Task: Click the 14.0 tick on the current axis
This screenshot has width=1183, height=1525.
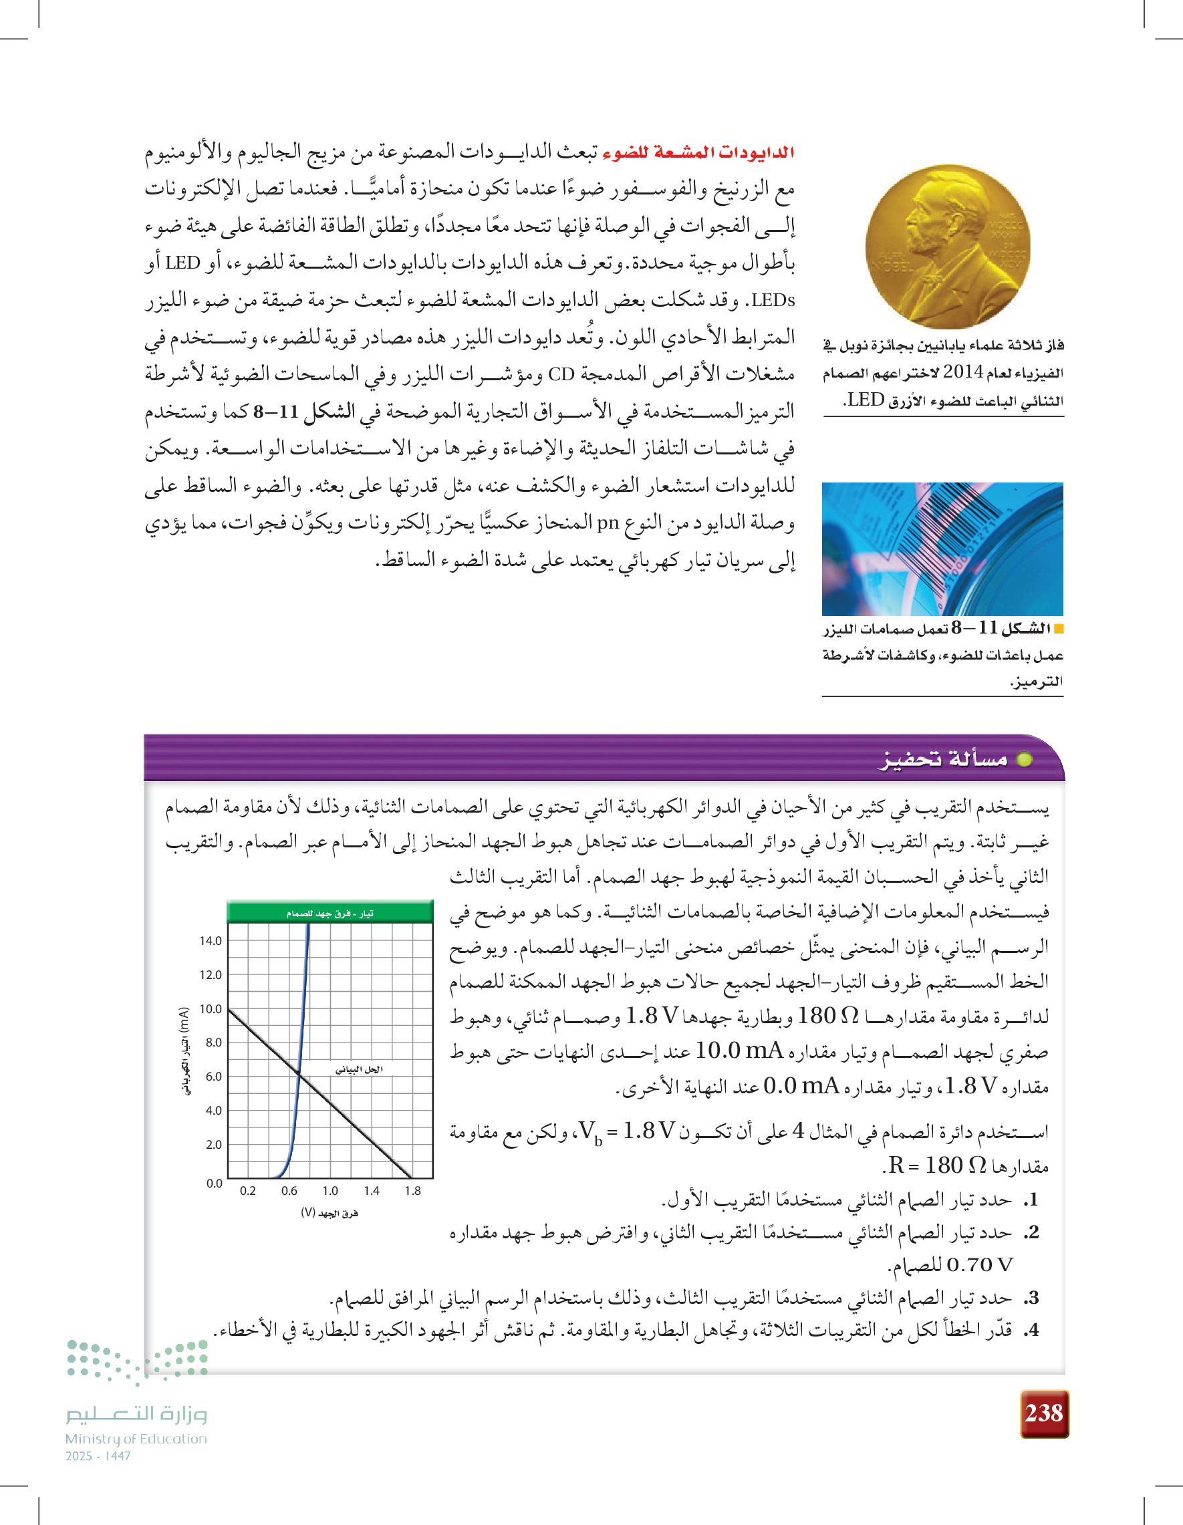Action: click(211, 940)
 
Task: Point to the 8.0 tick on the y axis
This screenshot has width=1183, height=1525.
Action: click(213, 1043)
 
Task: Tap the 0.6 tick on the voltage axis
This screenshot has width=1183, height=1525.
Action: click(289, 1191)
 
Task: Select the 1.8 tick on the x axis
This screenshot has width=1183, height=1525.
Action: click(413, 1191)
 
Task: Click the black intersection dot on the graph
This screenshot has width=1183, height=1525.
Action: click(298, 1073)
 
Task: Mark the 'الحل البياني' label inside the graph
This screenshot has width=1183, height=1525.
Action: click(359, 1069)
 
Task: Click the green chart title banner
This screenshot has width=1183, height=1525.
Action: click(330, 913)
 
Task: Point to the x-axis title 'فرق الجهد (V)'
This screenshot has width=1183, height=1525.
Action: click(330, 1213)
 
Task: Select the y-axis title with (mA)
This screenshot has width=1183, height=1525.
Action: click(184, 1051)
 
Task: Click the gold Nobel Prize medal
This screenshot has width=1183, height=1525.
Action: click(948, 247)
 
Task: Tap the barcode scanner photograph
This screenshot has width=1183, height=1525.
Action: click(942, 549)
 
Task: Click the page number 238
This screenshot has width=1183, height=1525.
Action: click(1044, 1413)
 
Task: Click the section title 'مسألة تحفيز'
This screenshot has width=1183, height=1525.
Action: click(943, 759)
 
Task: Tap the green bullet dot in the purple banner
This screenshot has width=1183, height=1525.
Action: click(1024, 759)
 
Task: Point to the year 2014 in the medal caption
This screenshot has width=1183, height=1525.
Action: click(963, 372)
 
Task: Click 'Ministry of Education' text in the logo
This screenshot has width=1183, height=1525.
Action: click(136, 1439)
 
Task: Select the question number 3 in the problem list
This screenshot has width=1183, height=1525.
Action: click(1033, 1297)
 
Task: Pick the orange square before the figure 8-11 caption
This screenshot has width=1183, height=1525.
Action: click(1059, 628)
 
